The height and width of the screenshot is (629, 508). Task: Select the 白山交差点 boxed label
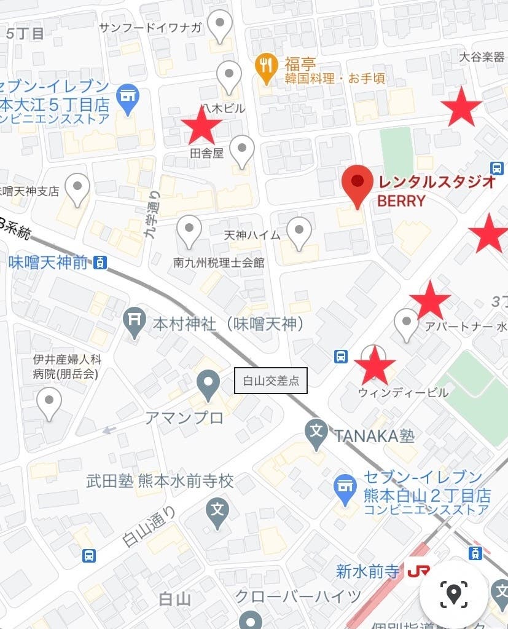tap(271, 381)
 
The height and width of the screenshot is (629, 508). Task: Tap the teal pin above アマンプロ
tap(208, 385)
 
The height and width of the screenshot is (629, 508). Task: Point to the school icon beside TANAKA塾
tap(317, 432)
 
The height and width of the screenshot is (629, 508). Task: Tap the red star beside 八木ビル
tap(201, 124)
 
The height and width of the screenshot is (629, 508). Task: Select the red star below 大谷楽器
tap(461, 107)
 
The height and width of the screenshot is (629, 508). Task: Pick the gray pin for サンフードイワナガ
tap(219, 26)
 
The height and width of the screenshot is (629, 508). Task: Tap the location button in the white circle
tap(454, 593)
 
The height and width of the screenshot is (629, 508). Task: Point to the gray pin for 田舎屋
tap(243, 149)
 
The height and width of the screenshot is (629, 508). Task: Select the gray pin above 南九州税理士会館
tap(189, 231)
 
